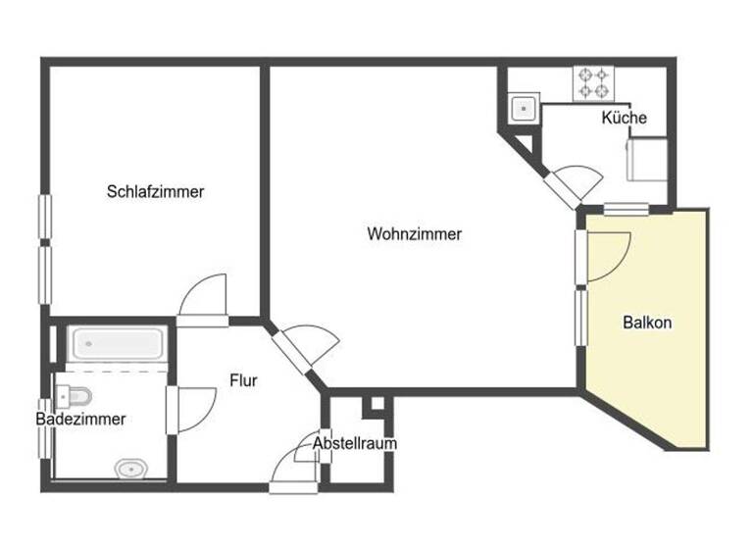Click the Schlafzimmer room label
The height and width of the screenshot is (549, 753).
pos(155,192)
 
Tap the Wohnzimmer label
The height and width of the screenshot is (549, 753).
pos(414,234)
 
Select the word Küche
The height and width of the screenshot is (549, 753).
pos(624,118)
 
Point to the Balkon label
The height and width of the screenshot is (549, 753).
pos(647,322)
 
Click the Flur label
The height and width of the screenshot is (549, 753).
pos(243,379)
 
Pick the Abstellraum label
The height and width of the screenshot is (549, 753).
pos(355,443)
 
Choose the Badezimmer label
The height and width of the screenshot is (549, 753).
pos(80,419)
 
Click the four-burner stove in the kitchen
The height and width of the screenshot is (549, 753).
pos(591,82)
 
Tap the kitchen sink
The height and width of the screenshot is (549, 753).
pos(523,107)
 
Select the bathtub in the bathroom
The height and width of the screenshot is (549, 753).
pos(117,343)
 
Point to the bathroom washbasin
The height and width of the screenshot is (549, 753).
pos(129,470)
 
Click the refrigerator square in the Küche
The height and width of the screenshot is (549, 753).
pos(648,158)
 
